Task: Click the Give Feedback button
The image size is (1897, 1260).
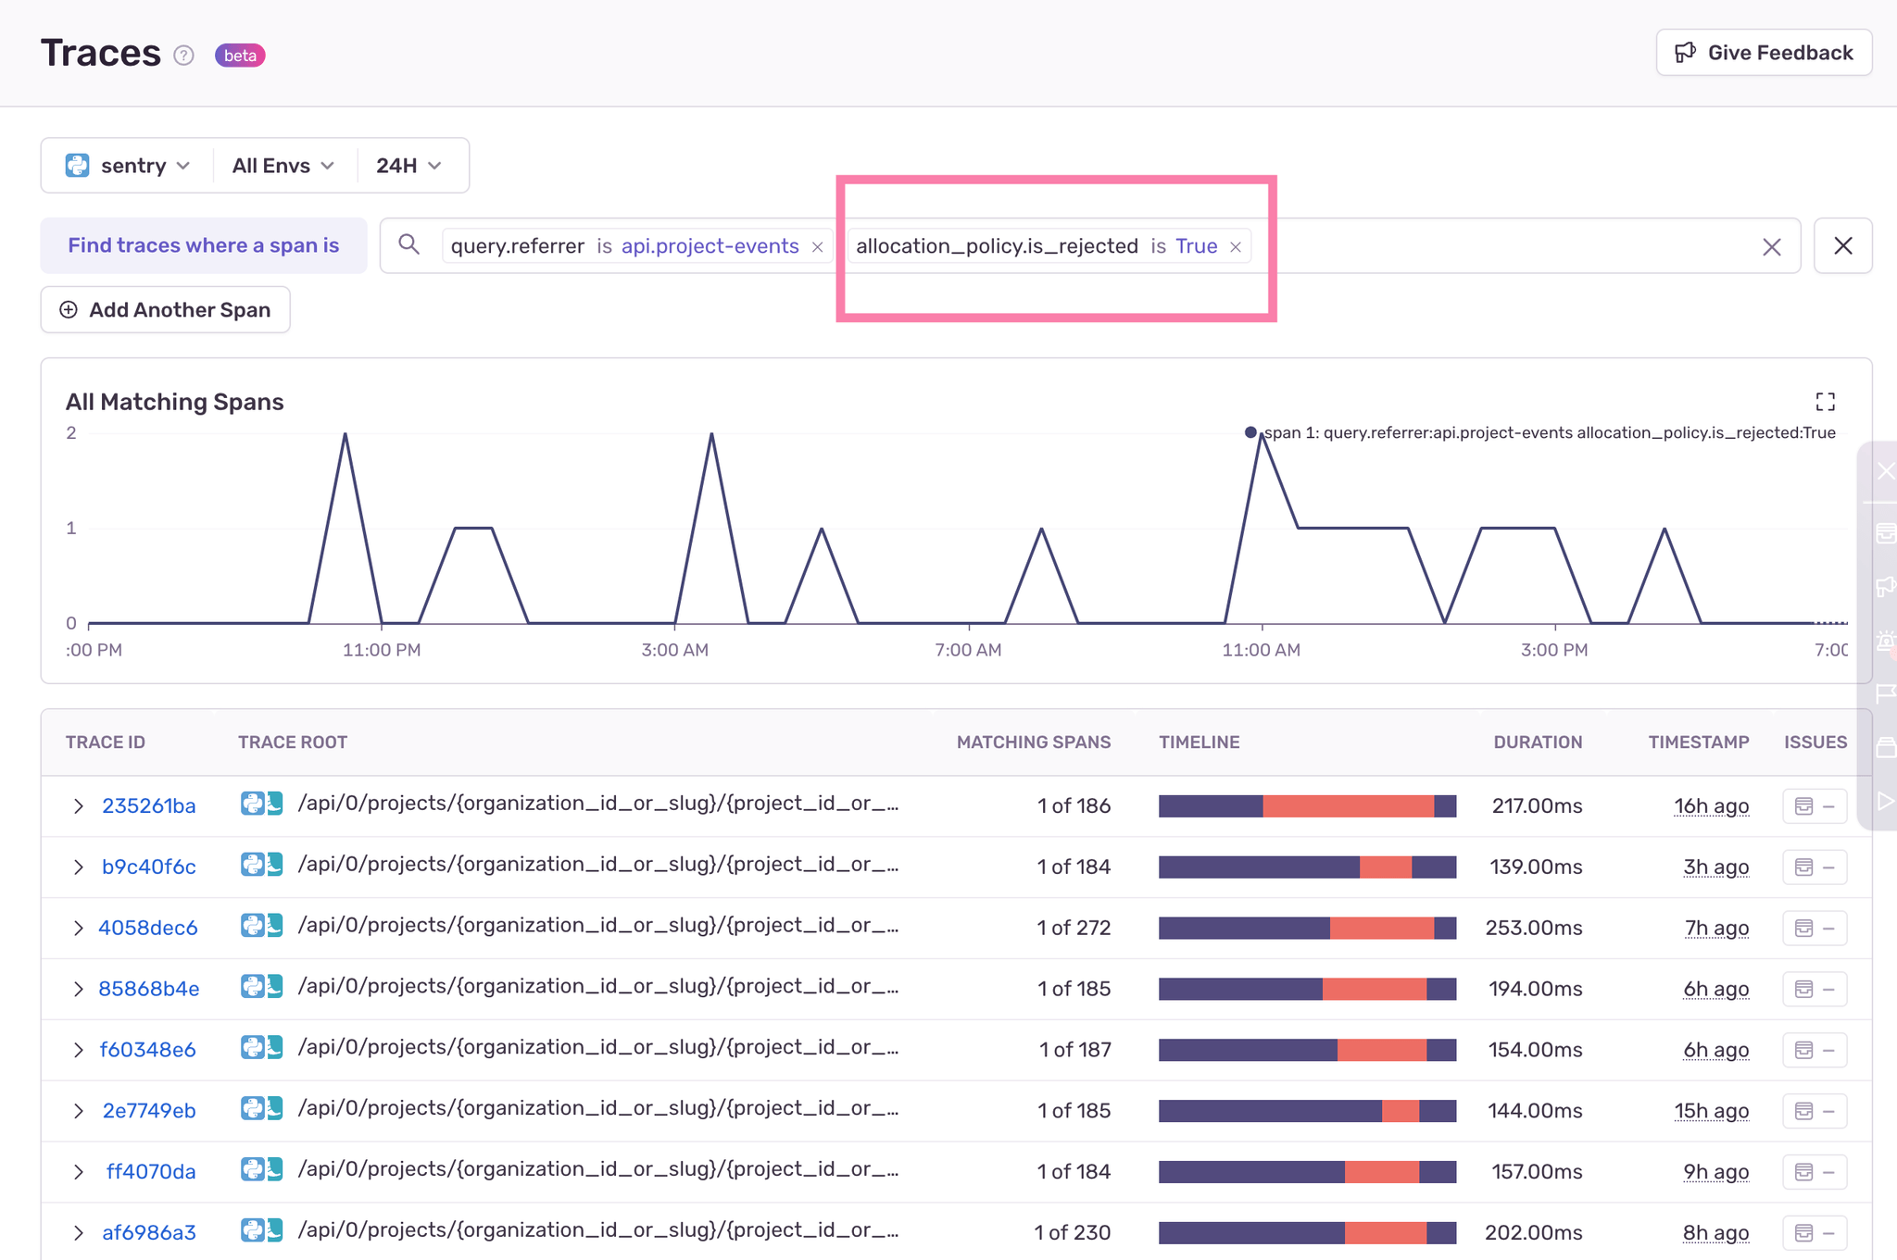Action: [1764, 53]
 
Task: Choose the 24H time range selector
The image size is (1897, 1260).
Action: [408, 166]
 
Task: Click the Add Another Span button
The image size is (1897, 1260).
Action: [166, 310]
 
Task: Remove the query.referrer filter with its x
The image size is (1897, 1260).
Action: [817, 247]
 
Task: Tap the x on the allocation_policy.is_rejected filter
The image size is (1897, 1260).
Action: [1235, 247]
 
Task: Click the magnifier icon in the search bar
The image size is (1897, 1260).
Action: [408, 244]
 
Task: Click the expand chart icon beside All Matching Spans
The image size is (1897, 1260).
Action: [1825, 402]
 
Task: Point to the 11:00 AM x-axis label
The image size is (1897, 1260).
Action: [1261, 650]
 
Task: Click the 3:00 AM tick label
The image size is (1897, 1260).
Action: [674, 650]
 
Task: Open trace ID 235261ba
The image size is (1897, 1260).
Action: [149, 806]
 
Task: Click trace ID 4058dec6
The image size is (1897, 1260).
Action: [148, 928]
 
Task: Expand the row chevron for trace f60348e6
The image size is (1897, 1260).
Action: [79, 1050]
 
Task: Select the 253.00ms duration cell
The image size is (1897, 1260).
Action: [1534, 928]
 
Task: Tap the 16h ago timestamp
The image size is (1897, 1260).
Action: [1711, 806]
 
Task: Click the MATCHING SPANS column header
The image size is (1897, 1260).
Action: [1033, 742]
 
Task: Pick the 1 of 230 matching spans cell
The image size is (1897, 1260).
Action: [1073, 1232]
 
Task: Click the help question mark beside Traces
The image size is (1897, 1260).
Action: [184, 56]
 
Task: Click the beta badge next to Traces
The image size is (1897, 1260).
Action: [240, 56]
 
